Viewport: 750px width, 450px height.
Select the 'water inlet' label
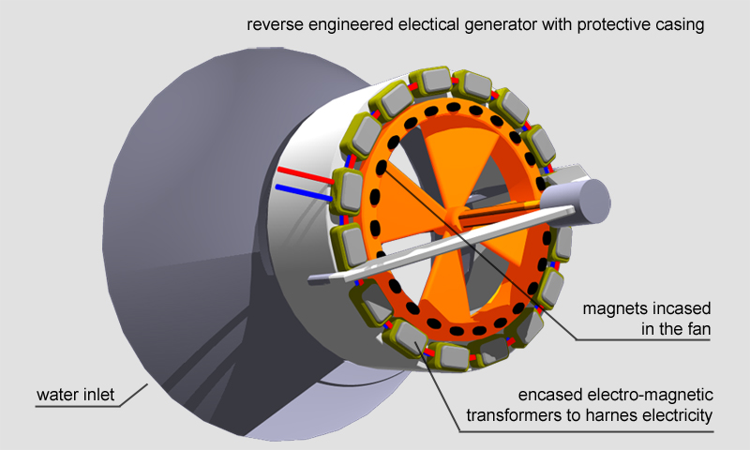[75, 395]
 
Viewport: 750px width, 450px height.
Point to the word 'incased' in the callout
[677, 307]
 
